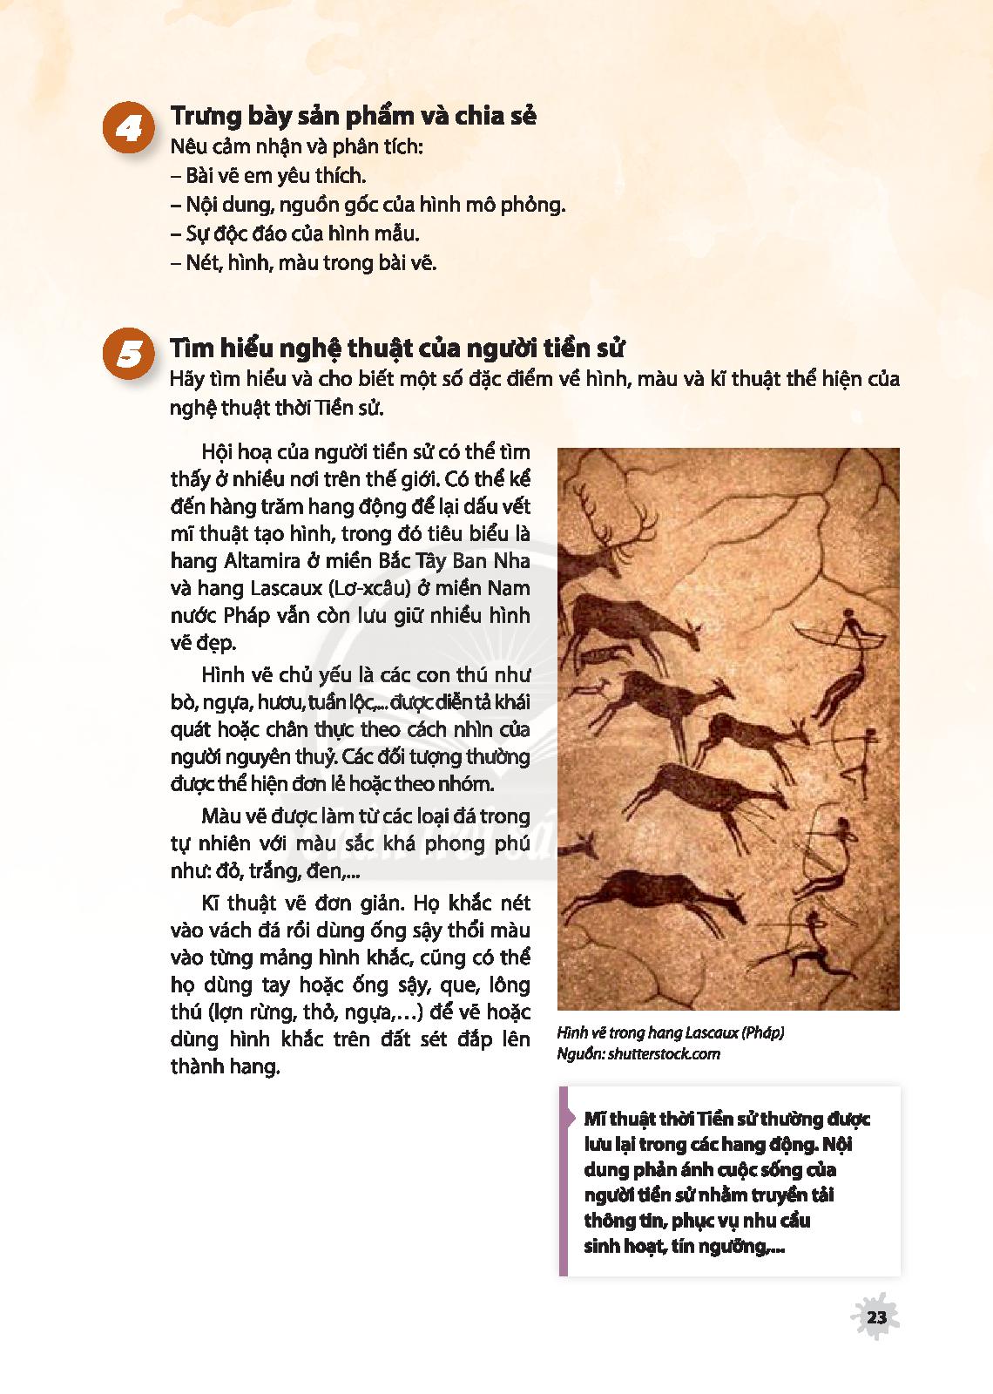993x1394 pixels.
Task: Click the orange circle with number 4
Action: (129, 130)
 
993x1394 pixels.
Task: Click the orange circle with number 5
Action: (129, 357)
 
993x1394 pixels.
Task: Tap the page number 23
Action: (876, 1316)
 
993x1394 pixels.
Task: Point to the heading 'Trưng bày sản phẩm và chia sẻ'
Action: (353, 116)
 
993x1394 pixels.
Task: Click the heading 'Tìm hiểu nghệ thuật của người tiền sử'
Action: (397, 348)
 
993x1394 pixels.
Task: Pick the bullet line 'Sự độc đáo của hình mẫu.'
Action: (295, 233)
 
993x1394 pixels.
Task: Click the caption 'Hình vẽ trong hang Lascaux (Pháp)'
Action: (671, 1033)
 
